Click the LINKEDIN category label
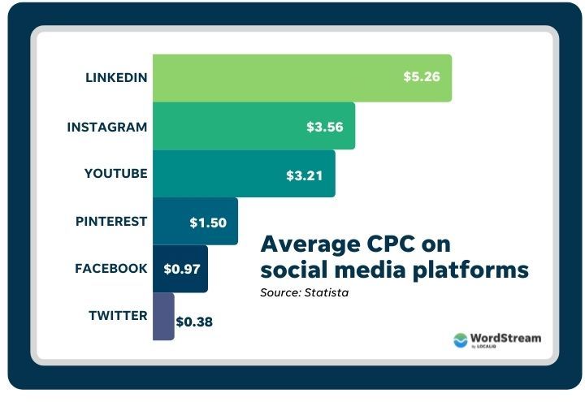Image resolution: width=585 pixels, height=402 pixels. tap(116, 78)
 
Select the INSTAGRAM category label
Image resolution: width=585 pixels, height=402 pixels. tap(107, 127)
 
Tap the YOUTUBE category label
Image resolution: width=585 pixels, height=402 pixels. tap(115, 174)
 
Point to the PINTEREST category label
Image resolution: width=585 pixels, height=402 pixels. tap(112, 221)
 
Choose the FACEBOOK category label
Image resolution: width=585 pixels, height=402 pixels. tap(111, 268)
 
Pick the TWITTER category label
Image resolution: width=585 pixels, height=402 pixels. tap(118, 315)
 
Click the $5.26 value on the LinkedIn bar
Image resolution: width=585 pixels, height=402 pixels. tap(422, 78)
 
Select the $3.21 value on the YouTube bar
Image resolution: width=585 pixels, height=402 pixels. tap(305, 174)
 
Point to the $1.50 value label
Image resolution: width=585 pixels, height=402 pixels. tap(208, 221)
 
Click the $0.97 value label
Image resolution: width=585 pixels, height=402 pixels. tap(181, 268)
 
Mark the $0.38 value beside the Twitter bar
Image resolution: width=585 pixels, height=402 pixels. tap(195, 322)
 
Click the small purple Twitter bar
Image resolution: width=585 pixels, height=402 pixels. tap(162, 316)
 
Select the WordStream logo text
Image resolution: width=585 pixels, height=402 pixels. tap(506, 338)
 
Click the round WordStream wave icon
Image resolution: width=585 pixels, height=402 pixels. tap(461, 340)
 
